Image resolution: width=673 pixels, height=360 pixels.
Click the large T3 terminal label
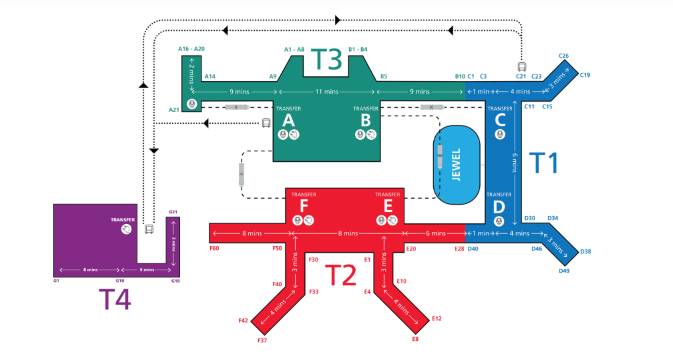327,60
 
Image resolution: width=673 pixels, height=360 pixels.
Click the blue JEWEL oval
456,162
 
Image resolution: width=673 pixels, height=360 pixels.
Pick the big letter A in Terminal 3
288,120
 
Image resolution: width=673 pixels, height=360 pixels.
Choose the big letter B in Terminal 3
366,120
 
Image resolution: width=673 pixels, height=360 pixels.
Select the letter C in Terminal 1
499,120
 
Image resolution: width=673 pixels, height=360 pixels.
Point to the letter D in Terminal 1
498,207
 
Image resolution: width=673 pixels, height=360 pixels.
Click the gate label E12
436,318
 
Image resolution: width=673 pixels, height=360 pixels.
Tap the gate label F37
262,341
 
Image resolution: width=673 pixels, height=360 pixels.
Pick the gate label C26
564,56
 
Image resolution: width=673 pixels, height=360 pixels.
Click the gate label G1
56,282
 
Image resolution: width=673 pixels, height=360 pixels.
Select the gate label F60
214,247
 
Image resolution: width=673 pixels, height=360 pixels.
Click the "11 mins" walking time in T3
327,91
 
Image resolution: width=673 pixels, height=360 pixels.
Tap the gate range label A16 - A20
191,48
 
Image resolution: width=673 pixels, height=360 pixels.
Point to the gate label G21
173,212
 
